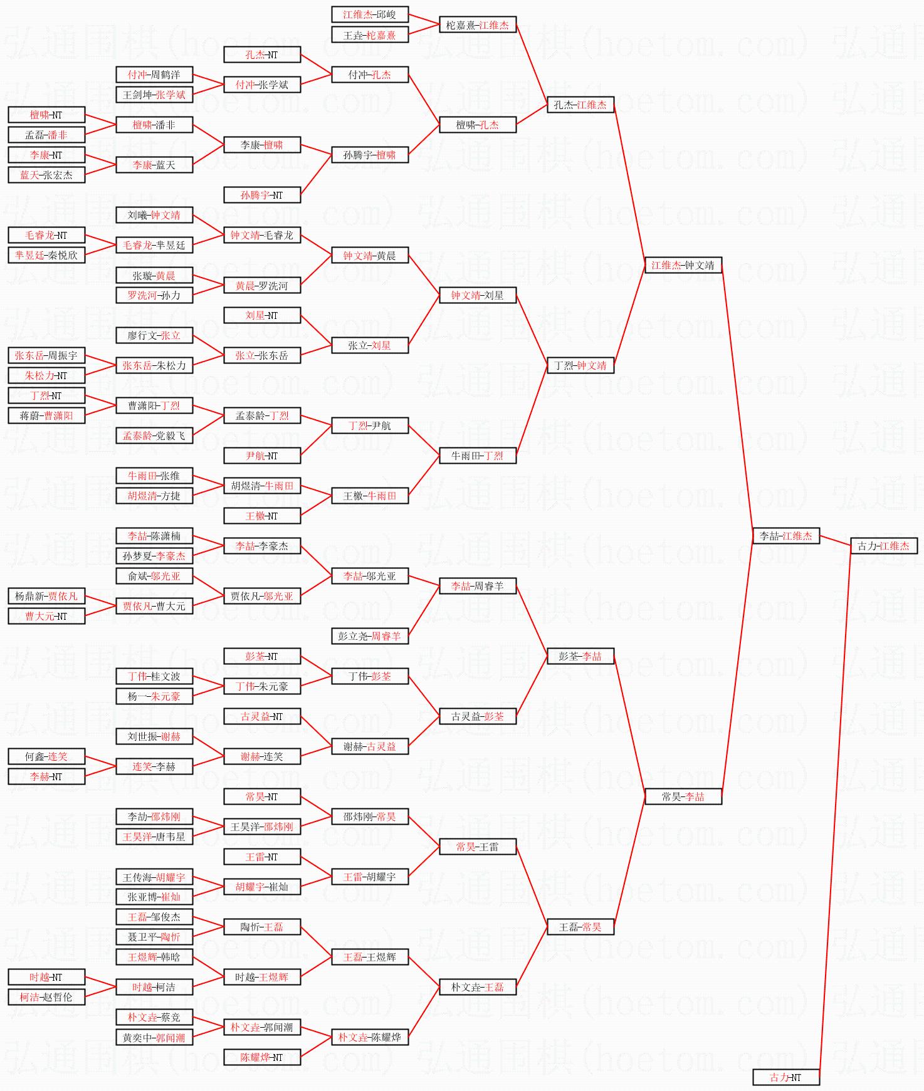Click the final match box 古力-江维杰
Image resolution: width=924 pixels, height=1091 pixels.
click(x=883, y=546)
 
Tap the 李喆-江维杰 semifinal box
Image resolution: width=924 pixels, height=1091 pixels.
click(x=785, y=536)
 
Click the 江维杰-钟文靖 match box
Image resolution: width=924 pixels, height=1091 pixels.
click(x=683, y=265)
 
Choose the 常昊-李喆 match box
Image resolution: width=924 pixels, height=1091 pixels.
click(x=683, y=796)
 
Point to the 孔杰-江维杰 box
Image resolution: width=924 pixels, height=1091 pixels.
click(x=580, y=105)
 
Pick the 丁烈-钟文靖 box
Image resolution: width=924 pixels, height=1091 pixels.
click(x=580, y=365)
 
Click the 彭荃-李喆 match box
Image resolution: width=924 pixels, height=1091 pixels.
click(x=580, y=656)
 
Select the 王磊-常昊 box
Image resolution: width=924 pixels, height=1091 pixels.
click(x=580, y=927)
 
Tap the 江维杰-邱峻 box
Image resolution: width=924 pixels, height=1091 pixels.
click(x=369, y=14)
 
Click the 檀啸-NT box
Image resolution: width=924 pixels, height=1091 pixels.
click(x=46, y=115)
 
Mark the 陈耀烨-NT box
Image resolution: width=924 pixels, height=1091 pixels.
click(x=261, y=1057)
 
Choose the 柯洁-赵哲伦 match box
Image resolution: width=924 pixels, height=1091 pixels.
click(x=46, y=997)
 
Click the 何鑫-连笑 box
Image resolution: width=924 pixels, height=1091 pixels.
click(x=46, y=756)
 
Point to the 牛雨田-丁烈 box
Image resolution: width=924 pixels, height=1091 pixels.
click(x=477, y=456)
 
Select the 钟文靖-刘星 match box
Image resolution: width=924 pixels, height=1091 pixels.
click(x=477, y=295)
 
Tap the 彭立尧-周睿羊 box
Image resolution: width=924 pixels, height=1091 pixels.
click(x=369, y=636)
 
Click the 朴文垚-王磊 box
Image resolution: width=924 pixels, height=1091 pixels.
click(x=477, y=987)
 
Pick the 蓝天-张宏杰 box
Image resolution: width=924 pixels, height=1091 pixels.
click(x=46, y=175)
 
